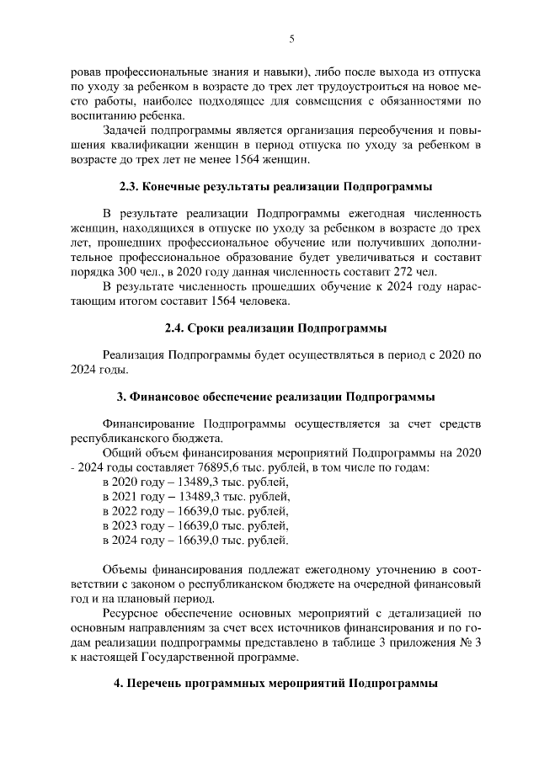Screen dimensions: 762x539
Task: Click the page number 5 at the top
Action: click(x=291, y=39)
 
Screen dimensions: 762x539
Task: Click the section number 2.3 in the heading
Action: click(x=127, y=184)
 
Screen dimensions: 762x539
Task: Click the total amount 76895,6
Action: click(x=234, y=466)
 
